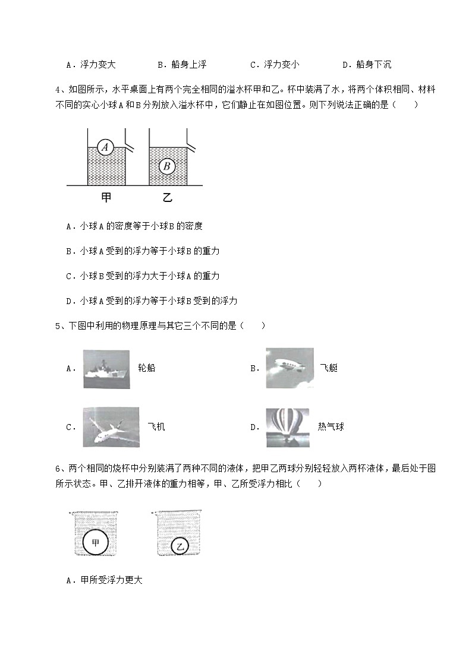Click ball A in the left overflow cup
[x=106, y=147]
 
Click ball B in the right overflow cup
[x=167, y=166]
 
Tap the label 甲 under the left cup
[x=106, y=198]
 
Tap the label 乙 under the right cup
[x=167, y=198]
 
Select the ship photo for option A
[x=106, y=368]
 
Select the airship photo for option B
[x=290, y=368]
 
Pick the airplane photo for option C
[x=111, y=427]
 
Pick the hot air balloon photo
[x=288, y=427]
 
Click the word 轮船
[x=146, y=368]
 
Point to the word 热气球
[x=331, y=427]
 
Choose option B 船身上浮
[x=182, y=65]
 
